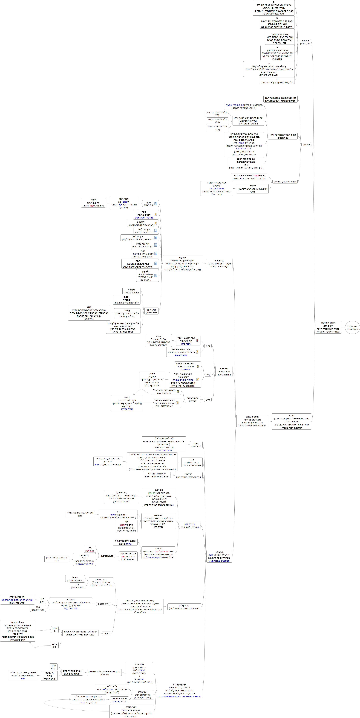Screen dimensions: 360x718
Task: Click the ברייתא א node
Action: (x=219, y=263)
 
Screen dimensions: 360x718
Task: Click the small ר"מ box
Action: (x=208, y=346)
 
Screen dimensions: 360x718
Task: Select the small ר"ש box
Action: (x=208, y=400)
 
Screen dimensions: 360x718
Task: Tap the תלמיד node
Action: (x=253, y=189)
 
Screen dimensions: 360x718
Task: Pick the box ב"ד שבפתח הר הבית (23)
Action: (x=217, y=113)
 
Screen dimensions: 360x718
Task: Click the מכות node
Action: (x=106, y=634)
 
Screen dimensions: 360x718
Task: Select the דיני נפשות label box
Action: (x=103, y=604)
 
